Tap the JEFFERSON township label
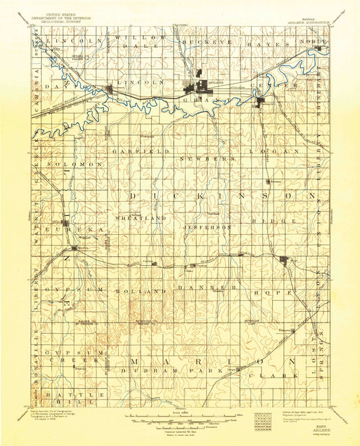pyautogui.click(x=208, y=227)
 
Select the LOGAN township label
pyautogui.click(x=277, y=151)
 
